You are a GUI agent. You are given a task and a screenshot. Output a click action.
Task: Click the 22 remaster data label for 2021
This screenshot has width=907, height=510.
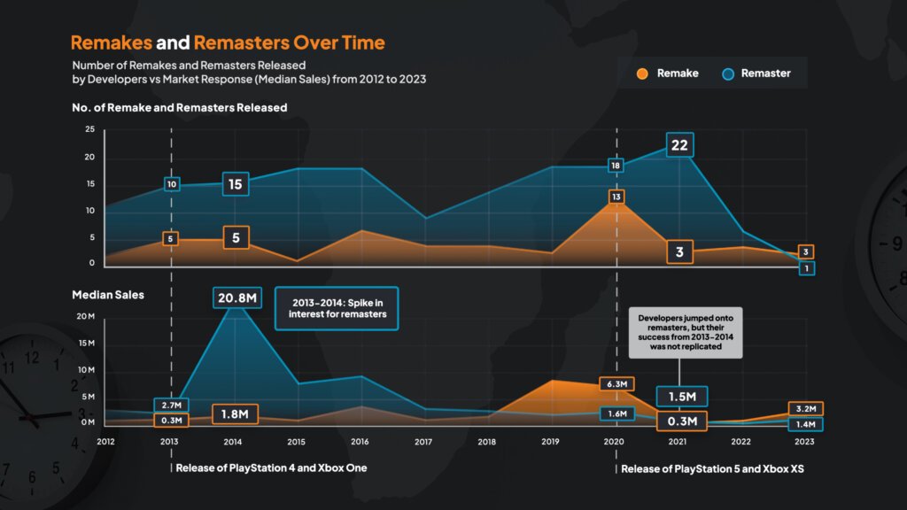coord(679,146)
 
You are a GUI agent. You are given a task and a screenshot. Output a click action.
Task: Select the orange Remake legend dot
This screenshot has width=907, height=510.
coord(643,73)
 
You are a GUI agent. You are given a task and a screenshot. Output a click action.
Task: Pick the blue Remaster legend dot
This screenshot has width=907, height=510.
coord(727,73)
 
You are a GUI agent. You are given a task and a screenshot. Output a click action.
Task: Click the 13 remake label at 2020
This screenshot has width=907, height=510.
coord(616,197)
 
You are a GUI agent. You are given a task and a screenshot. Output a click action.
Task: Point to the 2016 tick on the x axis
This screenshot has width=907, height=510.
coord(360,441)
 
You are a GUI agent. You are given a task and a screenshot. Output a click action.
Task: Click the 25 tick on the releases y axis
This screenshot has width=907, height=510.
coord(89,129)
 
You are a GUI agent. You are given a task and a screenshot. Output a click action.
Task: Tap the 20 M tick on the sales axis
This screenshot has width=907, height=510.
coord(85,316)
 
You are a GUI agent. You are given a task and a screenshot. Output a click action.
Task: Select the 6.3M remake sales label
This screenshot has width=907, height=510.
coord(616,383)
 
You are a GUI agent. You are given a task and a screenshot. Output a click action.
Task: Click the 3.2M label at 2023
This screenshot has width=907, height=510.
coord(806,409)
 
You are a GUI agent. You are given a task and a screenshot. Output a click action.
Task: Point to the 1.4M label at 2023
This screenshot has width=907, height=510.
coord(806,425)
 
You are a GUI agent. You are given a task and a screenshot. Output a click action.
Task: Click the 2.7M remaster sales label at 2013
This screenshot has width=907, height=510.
coord(171,406)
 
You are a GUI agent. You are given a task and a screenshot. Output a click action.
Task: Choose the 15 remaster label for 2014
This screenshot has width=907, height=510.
coord(236,184)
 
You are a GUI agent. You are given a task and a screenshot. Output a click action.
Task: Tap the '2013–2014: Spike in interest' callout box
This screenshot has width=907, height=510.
coord(337,307)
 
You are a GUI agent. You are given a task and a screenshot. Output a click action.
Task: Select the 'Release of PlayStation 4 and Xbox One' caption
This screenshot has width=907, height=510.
coord(271,467)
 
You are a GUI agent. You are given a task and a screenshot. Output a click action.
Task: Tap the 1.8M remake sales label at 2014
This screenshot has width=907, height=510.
coord(236,414)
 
